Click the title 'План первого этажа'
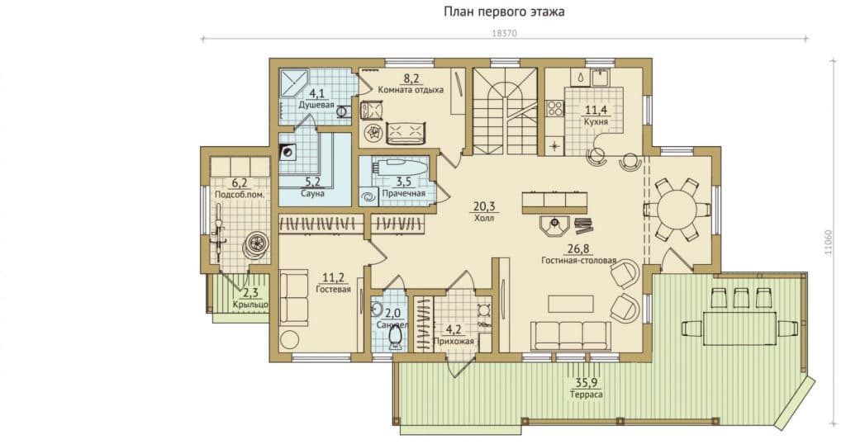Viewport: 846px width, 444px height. pos(504,12)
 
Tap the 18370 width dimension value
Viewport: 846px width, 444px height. pos(505,33)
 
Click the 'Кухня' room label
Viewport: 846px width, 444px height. pos(596,122)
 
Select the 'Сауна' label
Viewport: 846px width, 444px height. pos(312,193)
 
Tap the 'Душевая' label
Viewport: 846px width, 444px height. pos(316,105)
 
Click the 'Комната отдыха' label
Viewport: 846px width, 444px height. pos(411,90)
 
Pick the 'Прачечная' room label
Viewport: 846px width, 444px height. pos(403,193)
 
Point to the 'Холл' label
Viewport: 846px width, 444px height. pos(484,219)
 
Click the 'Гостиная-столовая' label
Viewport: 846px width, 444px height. pos(578,261)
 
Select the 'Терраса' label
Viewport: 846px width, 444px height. pos(587,394)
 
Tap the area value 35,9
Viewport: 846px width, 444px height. pos(587,383)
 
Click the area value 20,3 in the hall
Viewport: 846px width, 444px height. pos(484,207)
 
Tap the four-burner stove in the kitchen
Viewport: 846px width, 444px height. pos(555,108)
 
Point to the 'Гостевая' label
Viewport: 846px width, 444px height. pos(334,290)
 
